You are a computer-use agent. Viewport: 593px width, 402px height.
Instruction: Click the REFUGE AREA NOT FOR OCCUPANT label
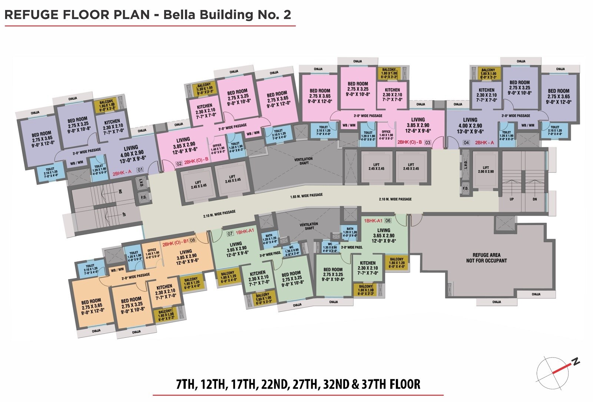pyautogui.click(x=486, y=258)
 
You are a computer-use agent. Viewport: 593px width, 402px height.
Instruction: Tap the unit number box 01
pyautogui.click(x=140, y=170)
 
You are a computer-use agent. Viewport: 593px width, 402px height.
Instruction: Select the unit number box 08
pyautogui.click(x=192, y=240)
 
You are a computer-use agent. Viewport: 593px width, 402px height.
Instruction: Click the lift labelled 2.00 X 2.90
pyautogui.click(x=486, y=169)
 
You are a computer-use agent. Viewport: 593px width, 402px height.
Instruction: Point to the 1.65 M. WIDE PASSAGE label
pyautogui.click(x=306, y=195)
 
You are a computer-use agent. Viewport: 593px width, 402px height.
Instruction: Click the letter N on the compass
pyautogui.click(x=576, y=361)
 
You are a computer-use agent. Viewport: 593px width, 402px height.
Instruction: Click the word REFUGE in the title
pyautogui.click(x=32, y=14)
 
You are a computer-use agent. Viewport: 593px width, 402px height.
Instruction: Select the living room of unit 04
pyautogui.click(x=470, y=125)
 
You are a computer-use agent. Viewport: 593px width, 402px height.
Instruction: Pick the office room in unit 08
pyautogui.click(x=152, y=253)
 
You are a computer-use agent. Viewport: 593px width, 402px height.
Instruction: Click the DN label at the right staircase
pyautogui.click(x=534, y=199)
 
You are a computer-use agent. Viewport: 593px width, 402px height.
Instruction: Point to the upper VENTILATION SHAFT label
pyautogui.click(x=304, y=161)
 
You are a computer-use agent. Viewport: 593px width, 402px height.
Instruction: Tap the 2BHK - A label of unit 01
pyautogui.click(x=122, y=173)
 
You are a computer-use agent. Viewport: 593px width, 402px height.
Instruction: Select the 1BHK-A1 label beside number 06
pyautogui.click(x=373, y=220)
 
